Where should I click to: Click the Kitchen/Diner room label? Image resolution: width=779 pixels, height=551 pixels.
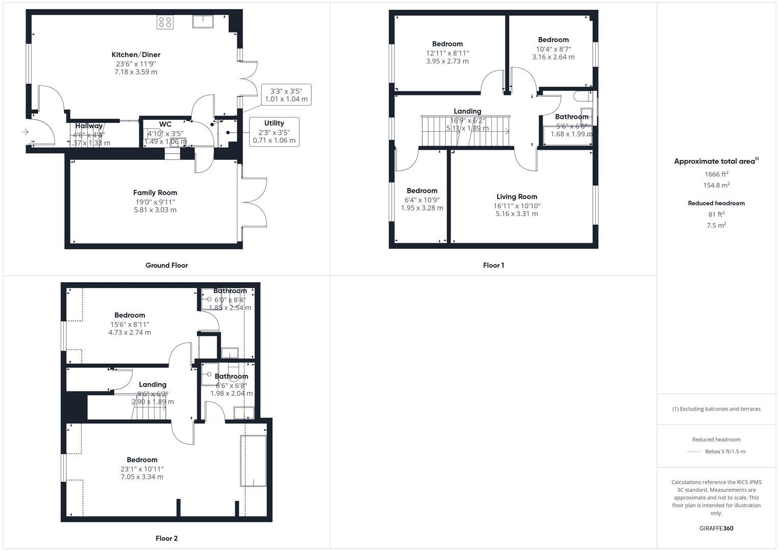136,55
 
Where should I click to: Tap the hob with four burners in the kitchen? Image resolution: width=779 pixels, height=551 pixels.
165,22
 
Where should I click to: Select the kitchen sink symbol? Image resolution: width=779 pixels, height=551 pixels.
203,21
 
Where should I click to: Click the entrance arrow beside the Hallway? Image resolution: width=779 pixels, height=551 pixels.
26,132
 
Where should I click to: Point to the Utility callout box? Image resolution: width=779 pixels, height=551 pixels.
274,132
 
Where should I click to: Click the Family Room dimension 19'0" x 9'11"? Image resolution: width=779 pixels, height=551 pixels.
155,202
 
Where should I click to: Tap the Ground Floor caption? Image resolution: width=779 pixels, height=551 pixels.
166,265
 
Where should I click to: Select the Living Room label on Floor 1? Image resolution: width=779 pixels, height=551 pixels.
516,196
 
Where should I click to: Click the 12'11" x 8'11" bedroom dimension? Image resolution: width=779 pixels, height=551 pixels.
447,53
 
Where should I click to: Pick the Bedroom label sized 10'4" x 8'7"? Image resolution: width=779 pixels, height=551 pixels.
553,40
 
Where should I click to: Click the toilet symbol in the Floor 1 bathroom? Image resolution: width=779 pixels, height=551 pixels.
582,96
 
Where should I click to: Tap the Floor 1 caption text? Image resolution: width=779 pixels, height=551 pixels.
493,265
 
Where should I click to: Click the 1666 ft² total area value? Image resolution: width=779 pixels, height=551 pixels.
716,174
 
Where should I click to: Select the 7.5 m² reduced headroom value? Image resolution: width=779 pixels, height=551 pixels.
716,226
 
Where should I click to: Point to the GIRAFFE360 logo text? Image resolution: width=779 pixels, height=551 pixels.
716,528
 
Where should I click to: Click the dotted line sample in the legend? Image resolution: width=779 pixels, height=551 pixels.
694,452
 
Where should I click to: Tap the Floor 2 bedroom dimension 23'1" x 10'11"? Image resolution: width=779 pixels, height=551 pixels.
142,468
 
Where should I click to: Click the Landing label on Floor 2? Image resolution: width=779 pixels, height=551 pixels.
153,385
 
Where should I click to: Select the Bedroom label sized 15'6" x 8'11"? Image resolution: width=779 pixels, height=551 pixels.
130,315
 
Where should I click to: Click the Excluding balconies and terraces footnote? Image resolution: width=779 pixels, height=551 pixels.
716,409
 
